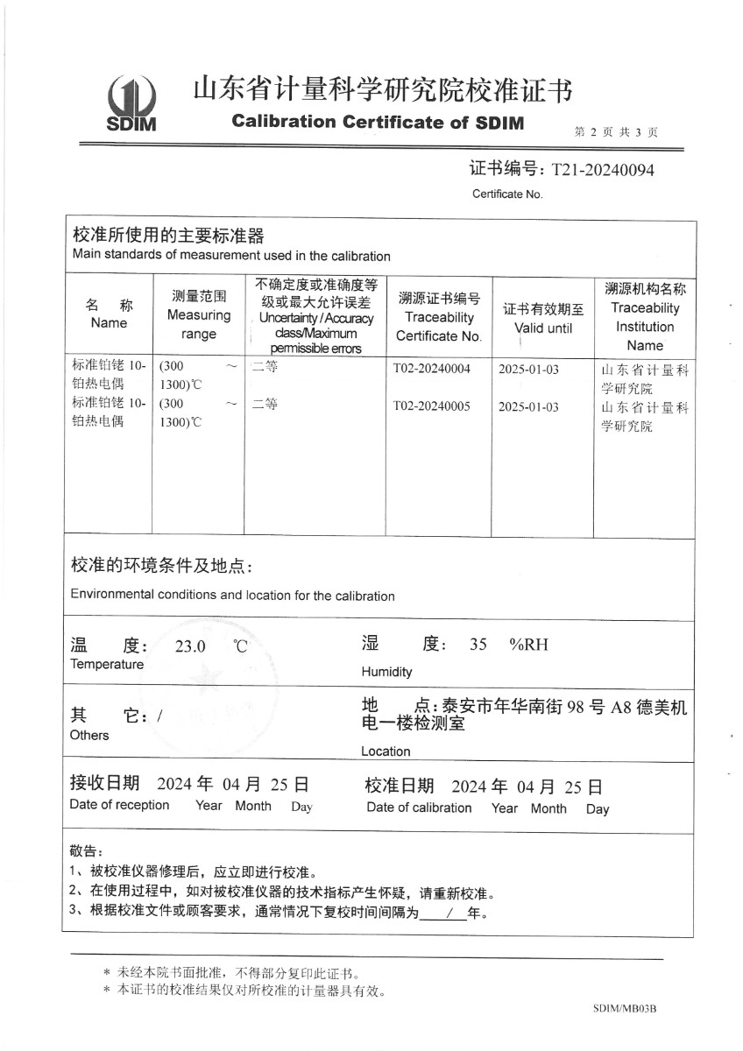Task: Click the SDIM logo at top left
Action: click(131, 102)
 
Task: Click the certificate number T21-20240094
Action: click(602, 169)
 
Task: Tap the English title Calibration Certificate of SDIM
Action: click(378, 123)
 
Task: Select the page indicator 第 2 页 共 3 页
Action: click(616, 132)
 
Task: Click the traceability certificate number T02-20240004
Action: click(432, 369)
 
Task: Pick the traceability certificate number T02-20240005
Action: click(432, 406)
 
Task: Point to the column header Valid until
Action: click(543, 328)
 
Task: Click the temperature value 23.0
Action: click(190, 647)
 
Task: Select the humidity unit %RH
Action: click(528, 645)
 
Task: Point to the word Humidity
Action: click(386, 672)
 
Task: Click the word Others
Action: click(89, 735)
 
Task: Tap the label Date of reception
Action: click(119, 805)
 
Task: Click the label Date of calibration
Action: click(419, 808)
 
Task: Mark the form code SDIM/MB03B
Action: click(624, 1009)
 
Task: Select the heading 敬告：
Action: click(86, 850)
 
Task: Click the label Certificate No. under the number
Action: click(507, 194)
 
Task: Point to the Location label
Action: click(386, 751)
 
